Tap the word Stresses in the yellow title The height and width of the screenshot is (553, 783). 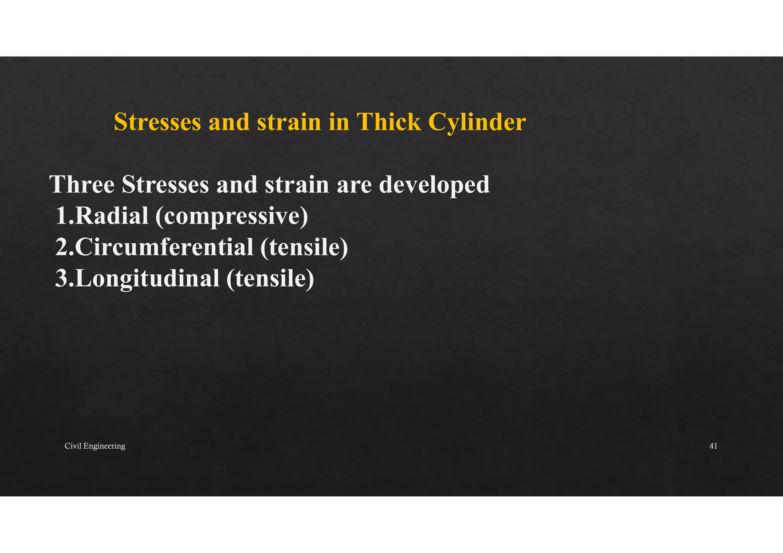[158, 122]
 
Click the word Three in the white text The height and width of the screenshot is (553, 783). [82, 184]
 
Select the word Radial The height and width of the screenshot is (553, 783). [112, 216]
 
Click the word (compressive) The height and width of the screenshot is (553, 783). [232, 217]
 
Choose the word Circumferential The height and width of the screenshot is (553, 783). [164, 247]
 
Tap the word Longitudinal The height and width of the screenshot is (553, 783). [147, 278]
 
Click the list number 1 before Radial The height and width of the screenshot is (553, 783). [62, 216]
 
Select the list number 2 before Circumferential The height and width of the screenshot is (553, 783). [63, 247]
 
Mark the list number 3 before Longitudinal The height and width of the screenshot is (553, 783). [62, 278]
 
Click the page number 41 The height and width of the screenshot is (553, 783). [713, 446]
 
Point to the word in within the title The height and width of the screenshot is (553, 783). [339, 122]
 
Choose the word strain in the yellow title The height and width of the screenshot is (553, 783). [289, 122]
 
